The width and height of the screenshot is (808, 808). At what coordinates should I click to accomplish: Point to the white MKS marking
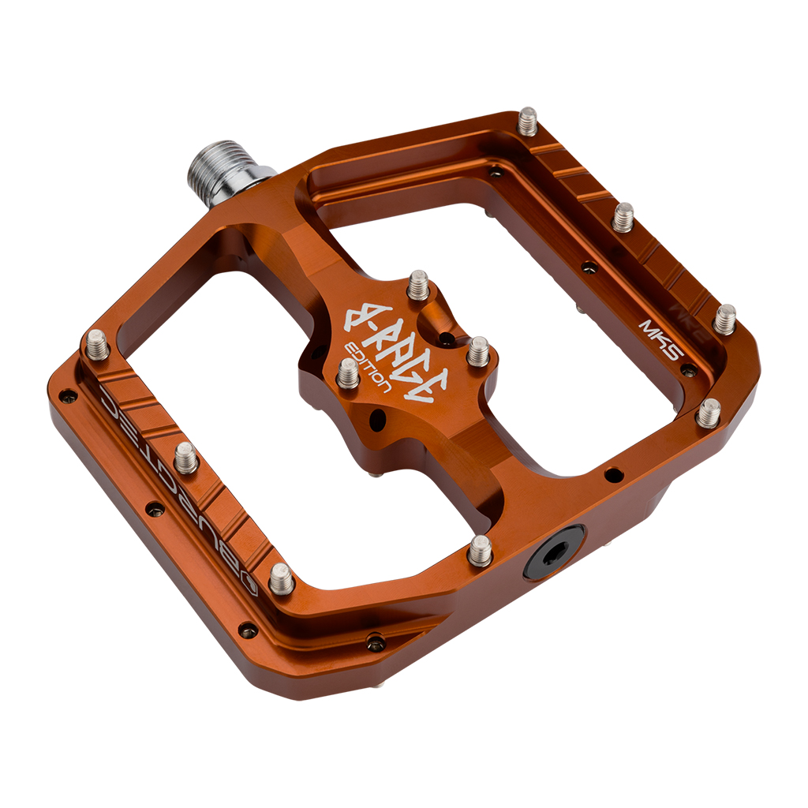660,339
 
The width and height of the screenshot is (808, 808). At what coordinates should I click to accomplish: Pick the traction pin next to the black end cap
480,549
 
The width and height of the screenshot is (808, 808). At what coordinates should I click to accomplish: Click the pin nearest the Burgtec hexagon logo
281,579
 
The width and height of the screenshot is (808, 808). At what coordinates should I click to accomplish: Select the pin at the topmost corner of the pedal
527,121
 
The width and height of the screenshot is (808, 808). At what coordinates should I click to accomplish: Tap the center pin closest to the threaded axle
418,285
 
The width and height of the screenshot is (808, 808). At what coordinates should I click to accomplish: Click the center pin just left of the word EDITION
348,372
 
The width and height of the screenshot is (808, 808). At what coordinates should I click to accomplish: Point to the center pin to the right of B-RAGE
477,351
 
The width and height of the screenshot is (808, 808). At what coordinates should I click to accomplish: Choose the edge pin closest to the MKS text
724,319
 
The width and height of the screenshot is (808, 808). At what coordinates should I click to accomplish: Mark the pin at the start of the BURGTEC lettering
98,345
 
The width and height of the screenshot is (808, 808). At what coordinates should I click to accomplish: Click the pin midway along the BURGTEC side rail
185,457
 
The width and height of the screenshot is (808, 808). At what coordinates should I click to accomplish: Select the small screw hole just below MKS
688,370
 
